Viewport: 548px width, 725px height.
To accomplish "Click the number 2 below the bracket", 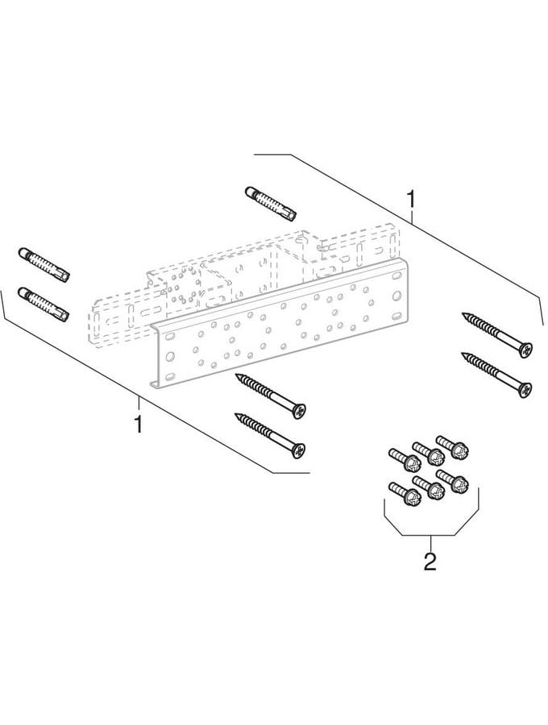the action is click(x=430, y=561).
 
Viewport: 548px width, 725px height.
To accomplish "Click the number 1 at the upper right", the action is click(x=410, y=201).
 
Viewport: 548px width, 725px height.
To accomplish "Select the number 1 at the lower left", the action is click(x=138, y=424).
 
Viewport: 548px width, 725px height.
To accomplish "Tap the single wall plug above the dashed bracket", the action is click(x=271, y=204).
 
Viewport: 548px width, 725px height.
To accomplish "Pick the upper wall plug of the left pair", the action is click(x=44, y=265).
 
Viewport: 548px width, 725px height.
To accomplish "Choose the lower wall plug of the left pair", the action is click(x=44, y=304).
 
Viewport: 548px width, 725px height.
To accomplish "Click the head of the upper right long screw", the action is click(x=525, y=350).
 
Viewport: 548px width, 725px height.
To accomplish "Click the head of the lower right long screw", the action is click(x=525, y=390).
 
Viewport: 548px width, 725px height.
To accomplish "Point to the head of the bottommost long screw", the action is click(x=298, y=450).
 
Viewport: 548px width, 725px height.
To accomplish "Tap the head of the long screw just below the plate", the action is click(x=299, y=411).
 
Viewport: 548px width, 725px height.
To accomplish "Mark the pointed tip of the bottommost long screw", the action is click(x=236, y=415).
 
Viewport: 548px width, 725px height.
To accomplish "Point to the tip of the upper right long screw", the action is click(x=463, y=314).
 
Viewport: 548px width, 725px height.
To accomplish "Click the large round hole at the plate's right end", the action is click(x=397, y=295).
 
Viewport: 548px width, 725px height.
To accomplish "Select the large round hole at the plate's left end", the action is click(x=169, y=356).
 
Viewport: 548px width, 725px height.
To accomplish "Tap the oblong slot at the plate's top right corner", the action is click(x=397, y=276).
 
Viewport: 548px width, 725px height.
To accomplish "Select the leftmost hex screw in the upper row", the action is click(x=405, y=460).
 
